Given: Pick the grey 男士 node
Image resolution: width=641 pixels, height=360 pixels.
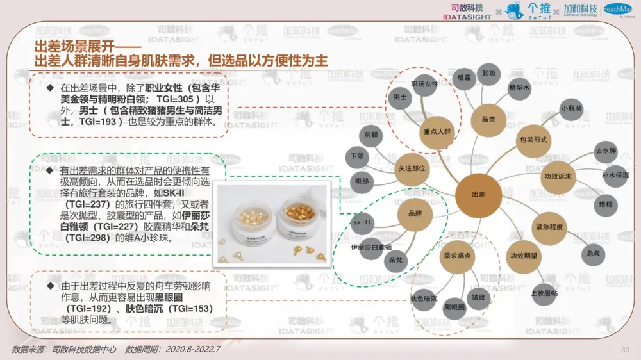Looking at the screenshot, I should [400, 97].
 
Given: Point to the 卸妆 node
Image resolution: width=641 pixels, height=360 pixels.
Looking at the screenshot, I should [489, 74].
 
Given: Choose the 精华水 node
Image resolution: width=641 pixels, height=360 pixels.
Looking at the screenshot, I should [519, 87].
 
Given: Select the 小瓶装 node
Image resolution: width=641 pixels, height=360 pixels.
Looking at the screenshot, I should [571, 109].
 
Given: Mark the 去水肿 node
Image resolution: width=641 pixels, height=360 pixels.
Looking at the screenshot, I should [605, 151].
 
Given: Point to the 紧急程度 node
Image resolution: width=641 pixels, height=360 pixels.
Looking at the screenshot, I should [549, 227].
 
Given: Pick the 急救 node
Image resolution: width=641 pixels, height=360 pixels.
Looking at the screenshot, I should [594, 254].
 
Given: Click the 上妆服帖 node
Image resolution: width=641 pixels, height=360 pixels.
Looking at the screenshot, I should [544, 293].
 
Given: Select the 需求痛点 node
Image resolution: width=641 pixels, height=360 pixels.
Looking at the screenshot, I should [457, 256].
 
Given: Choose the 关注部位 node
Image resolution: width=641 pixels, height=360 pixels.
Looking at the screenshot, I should [412, 168].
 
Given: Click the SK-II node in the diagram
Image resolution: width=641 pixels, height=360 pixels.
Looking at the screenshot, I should [362, 223].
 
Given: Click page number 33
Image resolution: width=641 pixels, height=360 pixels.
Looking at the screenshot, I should [625, 349].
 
